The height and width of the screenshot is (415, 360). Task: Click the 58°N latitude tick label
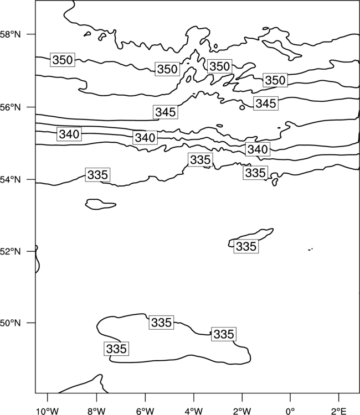pyautogui.click(x=10, y=34)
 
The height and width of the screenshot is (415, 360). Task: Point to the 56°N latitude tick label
pyautogui.click(x=10, y=107)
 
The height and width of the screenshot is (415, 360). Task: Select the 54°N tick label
pyautogui.click(x=10, y=180)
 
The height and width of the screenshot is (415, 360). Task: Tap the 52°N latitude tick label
pyautogui.click(x=10, y=251)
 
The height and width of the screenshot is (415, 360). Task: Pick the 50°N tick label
pyautogui.click(x=10, y=323)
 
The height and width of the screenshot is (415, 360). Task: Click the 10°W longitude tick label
pyautogui.click(x=48, y=411)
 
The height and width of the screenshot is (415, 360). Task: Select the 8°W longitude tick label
pyautogui.click(x=96, y=411)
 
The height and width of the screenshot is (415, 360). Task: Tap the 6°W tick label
pyautogui.click(x=145, y=411)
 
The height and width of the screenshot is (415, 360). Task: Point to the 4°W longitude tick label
pyautogui.click(x=194, y=411)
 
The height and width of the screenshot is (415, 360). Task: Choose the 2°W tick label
pyautogui.click(x=242, y=411)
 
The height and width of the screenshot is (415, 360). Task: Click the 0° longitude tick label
pyautogui.click(x=290, y=411)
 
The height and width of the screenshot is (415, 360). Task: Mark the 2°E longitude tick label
pyautogui.click(x=339, y=411)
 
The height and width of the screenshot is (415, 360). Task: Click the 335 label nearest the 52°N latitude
pyautogui.click(x=246, y=246)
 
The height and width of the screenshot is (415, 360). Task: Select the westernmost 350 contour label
pyautogui.click(x=63, y=60)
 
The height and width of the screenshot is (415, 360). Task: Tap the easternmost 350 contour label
pyautogui.click(x=275, y=80)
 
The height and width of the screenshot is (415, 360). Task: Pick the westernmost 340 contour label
pyautogui.click(x=69, y=134)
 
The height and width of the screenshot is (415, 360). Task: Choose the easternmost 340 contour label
pyautogui.click(x=258, y=149)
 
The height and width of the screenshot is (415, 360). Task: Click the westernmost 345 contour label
pyautogui.click(x=166, y=112)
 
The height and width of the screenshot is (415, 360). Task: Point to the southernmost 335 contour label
pyautogui.click(x=116, y=349)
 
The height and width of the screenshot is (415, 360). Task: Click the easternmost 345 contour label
pyautogui.click(x=266, y=103)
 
